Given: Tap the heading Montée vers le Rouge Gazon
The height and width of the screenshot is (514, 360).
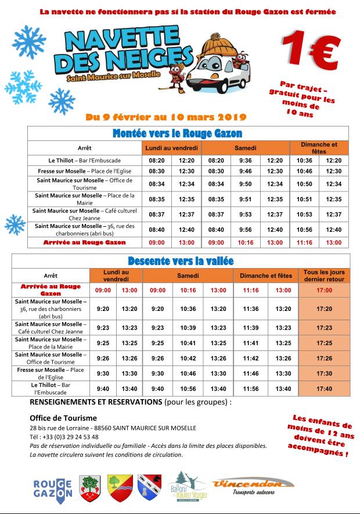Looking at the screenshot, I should [177, 133].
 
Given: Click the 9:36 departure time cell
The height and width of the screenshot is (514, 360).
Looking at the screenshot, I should [245, 160].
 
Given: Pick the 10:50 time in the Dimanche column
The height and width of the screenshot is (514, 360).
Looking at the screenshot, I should [304, 184].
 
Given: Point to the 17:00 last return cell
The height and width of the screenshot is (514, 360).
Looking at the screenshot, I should [325, 290].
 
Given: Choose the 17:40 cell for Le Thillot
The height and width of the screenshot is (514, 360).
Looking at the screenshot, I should [325, 389].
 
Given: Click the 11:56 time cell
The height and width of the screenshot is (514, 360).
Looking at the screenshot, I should [250, 389].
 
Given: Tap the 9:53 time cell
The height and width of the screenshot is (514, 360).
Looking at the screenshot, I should [245, 214].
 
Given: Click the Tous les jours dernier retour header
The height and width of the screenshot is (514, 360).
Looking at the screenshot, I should [325, 275].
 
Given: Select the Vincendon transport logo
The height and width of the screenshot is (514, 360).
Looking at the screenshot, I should [253, 486].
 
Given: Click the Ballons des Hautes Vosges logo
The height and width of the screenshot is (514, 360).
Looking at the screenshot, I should [187, 487].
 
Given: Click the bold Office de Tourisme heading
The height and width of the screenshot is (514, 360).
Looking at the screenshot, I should [63, 418].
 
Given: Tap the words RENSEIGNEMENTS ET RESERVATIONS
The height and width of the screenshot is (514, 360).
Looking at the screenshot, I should [96, 401].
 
